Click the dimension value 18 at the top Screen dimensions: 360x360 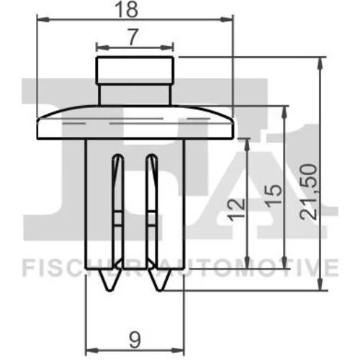pos(126,9)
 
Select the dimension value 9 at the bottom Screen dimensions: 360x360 pos(135,341)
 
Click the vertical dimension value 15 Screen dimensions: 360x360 pos(273,194)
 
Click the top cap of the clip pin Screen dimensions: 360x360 pos(135,71)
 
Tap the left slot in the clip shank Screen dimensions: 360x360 pos(118,209)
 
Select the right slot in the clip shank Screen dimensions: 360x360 pos(152,209)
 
